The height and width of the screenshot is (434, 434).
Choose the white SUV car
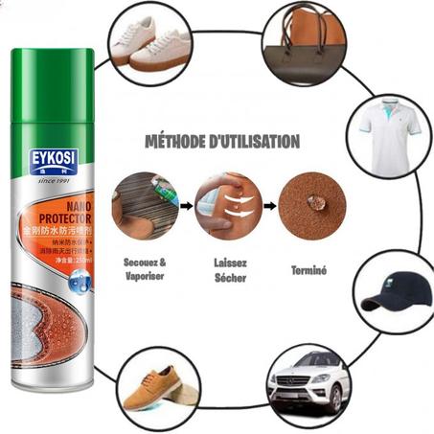click(x=307, y=380)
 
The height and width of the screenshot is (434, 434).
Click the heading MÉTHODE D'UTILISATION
click(x=221, y=142)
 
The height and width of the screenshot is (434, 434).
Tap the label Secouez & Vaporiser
click(x=145, y=266)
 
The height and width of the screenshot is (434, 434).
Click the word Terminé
click(x=310, y=271)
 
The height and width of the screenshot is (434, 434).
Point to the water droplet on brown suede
click(x=312, y=203)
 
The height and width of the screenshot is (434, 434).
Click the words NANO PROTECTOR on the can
click(x=59, y=212)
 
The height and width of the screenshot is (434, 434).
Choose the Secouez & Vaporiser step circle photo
click(x=145, y=204)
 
